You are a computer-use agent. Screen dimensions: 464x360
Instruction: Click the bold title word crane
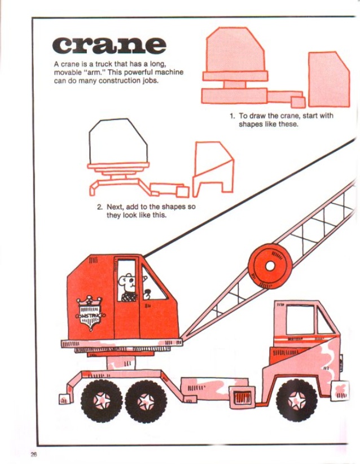pos(109,45)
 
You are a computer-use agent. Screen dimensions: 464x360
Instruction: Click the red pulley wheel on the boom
pos(270,265)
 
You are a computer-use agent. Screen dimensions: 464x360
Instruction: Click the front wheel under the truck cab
pos(296,400)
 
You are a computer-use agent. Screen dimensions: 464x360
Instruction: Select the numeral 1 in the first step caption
pos(232,116)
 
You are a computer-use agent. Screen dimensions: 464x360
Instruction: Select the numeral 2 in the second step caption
pos(99,207)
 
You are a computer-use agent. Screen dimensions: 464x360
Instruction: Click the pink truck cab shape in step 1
pos(328,79)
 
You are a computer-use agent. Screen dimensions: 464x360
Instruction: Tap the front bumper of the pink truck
pos(340,389)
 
